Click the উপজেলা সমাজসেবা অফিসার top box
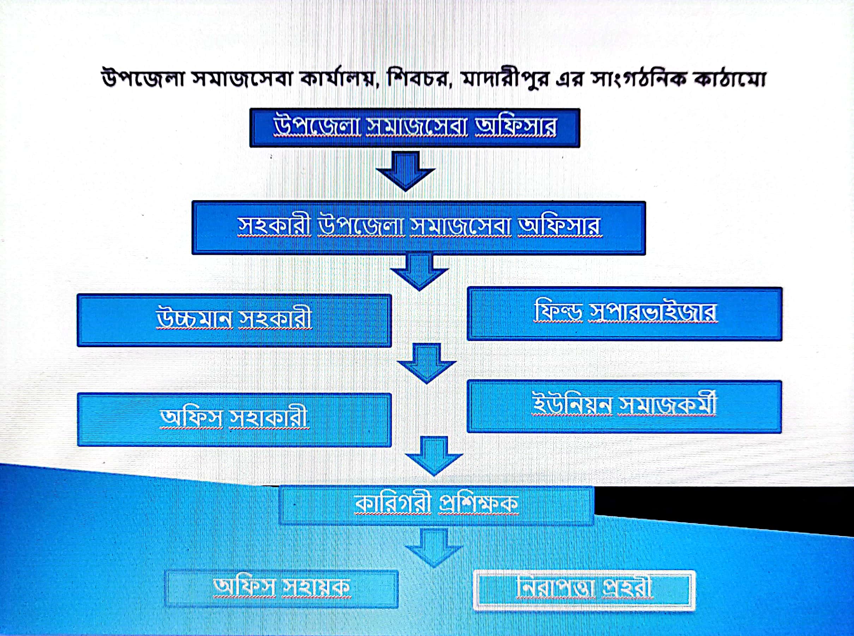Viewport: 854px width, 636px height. [x=415, y=128]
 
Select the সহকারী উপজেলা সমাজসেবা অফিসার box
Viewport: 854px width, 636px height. [x=419, y=228]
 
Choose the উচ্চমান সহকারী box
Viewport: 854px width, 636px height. [x=234, y=320]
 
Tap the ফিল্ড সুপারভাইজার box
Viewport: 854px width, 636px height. [x=624, y=314]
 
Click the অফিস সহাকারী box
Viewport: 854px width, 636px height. [x=234, y=420]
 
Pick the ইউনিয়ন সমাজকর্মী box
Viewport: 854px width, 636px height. [x=624, y=407]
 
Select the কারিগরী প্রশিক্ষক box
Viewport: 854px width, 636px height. [x=436, y=506]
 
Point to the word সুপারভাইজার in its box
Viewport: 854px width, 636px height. [x=653, y=313]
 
